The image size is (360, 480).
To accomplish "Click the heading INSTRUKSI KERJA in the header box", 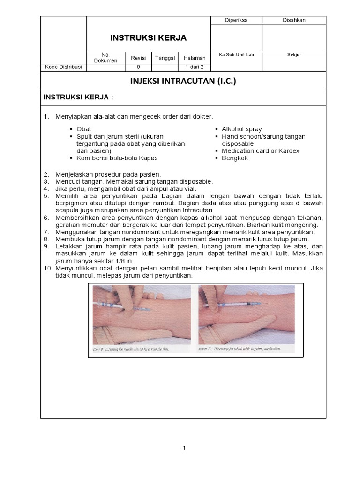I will pos(148,37).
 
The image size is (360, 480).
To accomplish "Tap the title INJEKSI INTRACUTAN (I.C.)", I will pos(183,81).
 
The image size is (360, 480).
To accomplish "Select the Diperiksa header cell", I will pos(236,20).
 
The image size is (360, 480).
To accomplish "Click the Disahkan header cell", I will pos(294,20).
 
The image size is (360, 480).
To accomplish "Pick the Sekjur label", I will pos(294,55).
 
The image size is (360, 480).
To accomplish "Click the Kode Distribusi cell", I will pos(63,67).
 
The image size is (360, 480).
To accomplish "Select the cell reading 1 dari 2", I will pos(195,67).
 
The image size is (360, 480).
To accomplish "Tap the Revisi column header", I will pos(138,58).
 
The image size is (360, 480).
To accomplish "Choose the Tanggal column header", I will pos(165,58).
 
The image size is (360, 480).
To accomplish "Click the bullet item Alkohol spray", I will pos(242,129).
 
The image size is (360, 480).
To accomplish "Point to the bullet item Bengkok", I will pos(235,158).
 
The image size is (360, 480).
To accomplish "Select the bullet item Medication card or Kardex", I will pos(261,151).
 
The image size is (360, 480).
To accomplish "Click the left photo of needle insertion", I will pos(142,318).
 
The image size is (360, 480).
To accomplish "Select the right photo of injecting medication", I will pos(246,318).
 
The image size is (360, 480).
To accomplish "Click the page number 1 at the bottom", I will pos(184,448).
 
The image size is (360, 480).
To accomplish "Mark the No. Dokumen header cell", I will pos(102,58).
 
